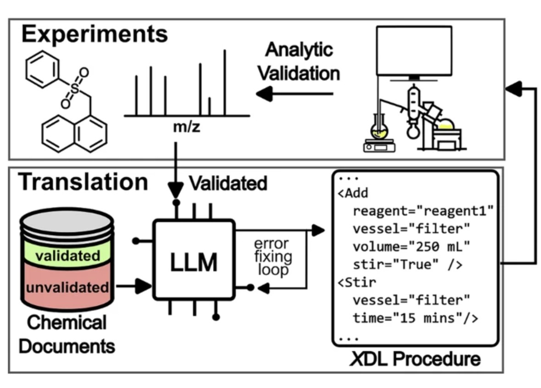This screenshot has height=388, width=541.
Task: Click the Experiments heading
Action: coord(95,36)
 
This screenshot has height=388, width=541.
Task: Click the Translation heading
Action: coord(83,182)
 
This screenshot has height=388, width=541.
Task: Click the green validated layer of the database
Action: coord(67,255)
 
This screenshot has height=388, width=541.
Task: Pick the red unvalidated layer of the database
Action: coord(67,288)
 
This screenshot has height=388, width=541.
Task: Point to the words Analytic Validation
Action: coord(298,62)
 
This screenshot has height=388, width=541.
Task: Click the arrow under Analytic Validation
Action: coord(294,94)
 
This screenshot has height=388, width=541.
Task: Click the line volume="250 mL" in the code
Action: coord(411,247)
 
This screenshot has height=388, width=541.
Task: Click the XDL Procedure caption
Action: coord(415,358)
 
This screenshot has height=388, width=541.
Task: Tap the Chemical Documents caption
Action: coord(67,334)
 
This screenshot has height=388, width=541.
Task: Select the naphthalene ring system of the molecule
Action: coord(74,133)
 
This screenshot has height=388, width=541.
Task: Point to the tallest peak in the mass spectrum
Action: coord(225,83)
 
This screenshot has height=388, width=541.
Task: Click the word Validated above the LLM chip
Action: coord(228,183)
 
